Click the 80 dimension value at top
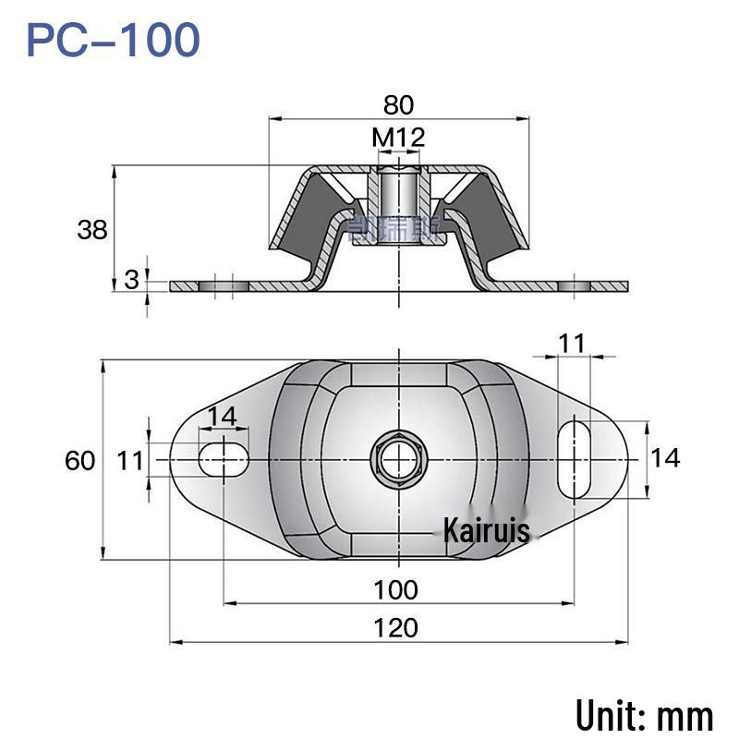(398, 104)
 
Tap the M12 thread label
(398, 139)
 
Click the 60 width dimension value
(81, 459)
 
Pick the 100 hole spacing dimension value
(395, 588)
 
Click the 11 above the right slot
(572, 344)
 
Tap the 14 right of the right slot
(665, 456)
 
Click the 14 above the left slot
(222, 417)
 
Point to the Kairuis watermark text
(486, 531)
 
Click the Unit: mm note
(644, 716)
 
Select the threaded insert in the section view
(399, 199)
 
